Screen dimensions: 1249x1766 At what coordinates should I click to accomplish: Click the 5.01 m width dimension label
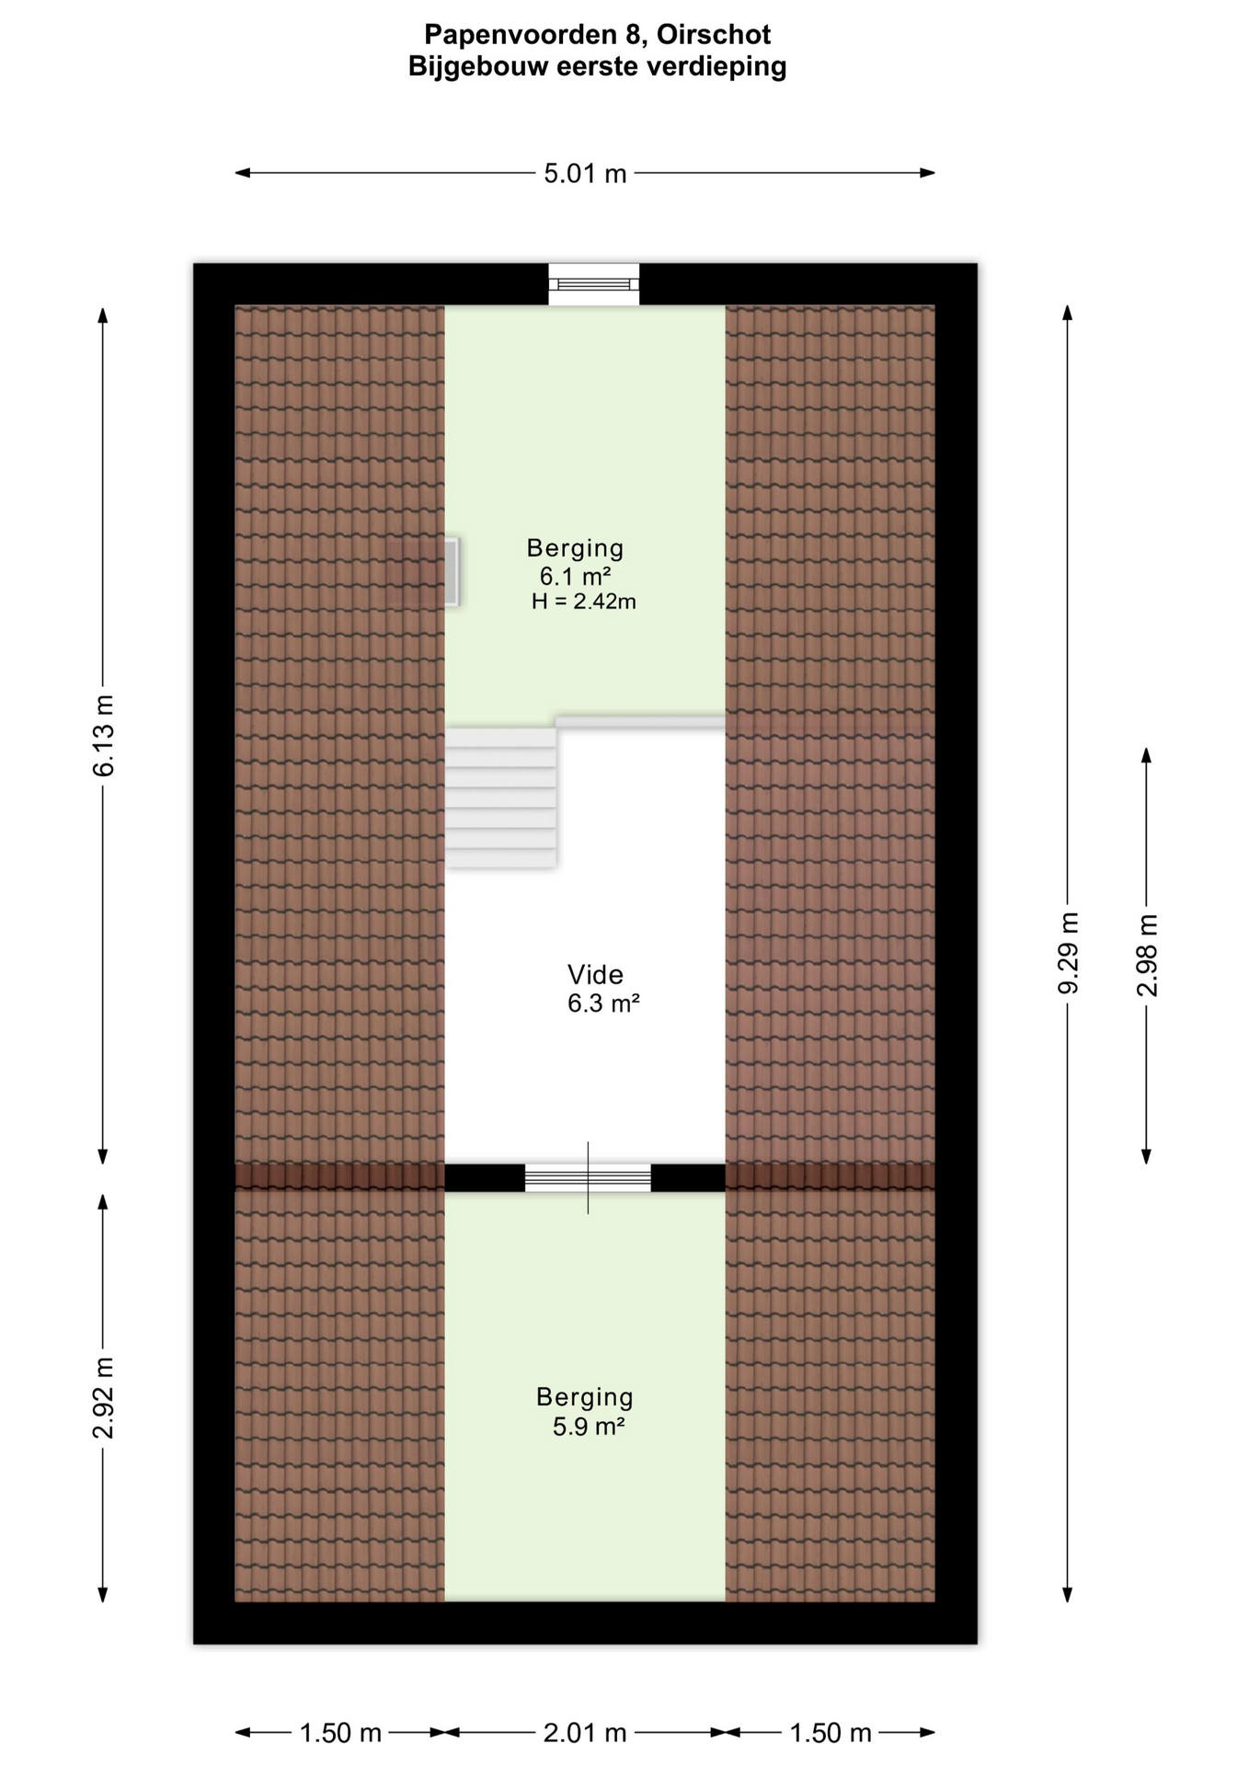[585, 173]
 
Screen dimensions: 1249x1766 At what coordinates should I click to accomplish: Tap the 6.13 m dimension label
[104, 735]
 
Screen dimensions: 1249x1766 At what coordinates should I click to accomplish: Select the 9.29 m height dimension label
[1068, 953]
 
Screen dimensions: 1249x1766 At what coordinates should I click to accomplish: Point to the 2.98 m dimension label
[1147, 955]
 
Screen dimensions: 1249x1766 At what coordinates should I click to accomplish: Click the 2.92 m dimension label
[104, 1397]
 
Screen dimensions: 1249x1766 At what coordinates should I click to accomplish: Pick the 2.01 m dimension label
[585, 1733]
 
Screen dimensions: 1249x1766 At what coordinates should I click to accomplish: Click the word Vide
[595, 974]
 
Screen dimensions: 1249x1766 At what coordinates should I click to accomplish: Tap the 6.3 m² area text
[603, 1003]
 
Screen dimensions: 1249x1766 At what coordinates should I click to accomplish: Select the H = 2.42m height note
[584, 602]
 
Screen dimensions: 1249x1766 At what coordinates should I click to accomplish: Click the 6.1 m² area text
[576, 576]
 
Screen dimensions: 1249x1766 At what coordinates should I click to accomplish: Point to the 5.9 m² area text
[589, 1427]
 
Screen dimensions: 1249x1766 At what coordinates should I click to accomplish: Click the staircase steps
[501, 797]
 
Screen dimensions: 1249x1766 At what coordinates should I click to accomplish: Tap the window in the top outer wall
[594, 284]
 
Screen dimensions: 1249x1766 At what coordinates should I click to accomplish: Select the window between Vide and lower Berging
[588, 1178]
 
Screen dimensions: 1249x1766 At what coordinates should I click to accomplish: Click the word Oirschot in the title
[714, 35]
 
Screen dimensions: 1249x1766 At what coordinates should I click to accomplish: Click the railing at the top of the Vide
[640, 723]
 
